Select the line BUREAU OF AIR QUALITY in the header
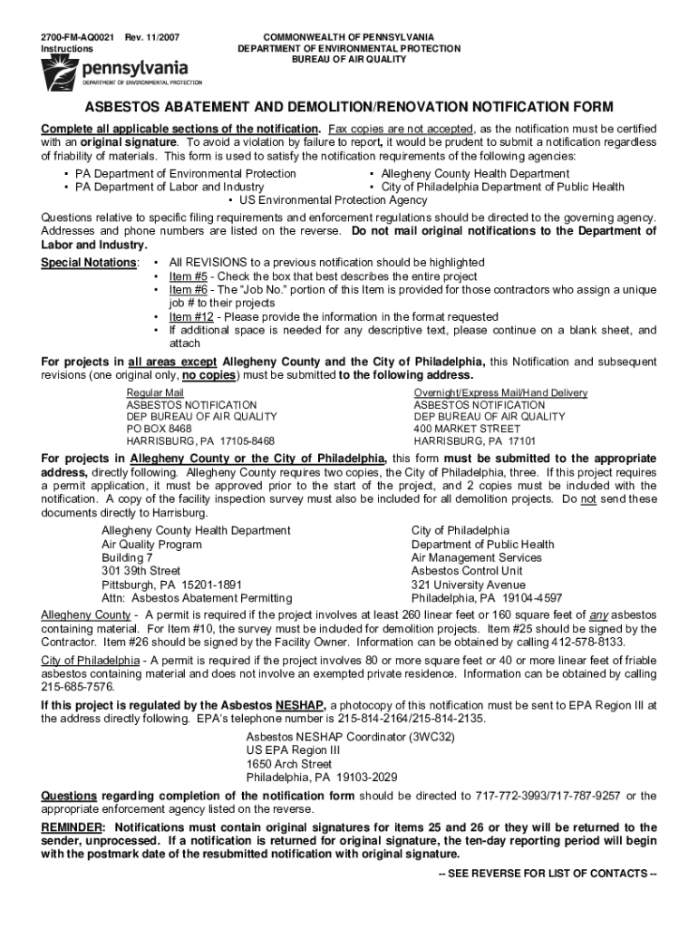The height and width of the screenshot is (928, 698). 348,59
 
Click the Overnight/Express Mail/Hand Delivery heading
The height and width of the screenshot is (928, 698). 500,392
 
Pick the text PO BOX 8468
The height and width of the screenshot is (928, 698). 159,429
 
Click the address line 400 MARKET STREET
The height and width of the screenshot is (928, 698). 467,429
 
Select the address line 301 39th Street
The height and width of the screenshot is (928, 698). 141,571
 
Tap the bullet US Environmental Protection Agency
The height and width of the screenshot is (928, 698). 333,200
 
